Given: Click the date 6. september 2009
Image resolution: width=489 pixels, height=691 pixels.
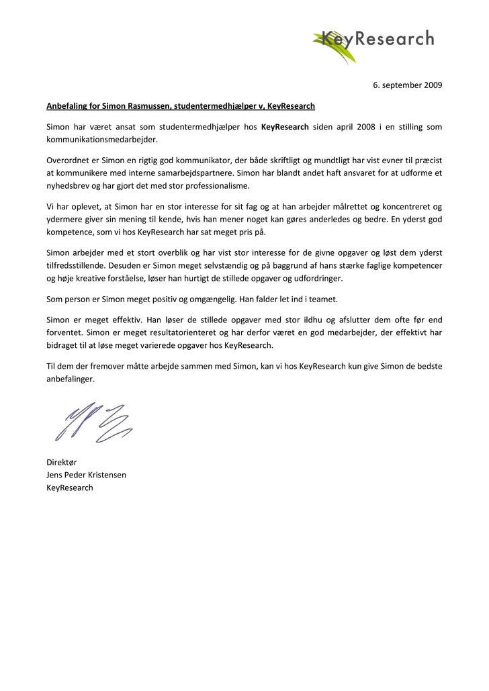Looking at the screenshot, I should click(x=408, y=86).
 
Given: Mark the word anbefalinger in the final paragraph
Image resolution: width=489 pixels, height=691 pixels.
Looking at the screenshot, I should click(x=71, y=379).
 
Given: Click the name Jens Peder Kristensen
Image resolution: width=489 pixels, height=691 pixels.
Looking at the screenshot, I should click(x=86, y=475).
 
